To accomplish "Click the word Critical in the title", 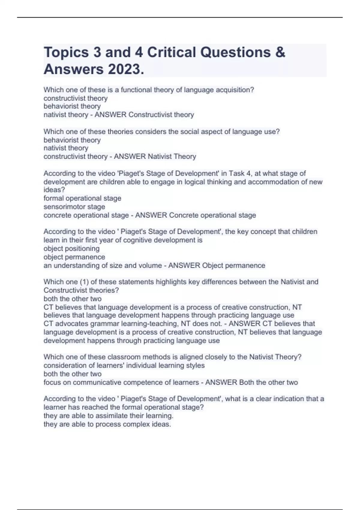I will coord(171,52).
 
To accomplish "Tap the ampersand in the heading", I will coord(280,52).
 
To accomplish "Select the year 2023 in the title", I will coord(126,70).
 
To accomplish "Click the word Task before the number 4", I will coord(237,173).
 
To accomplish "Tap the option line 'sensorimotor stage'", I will coord(74,207).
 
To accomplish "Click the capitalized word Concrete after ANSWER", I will coord(184,215).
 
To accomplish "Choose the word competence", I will coord(145,382).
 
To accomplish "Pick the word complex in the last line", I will coord(136,424).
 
